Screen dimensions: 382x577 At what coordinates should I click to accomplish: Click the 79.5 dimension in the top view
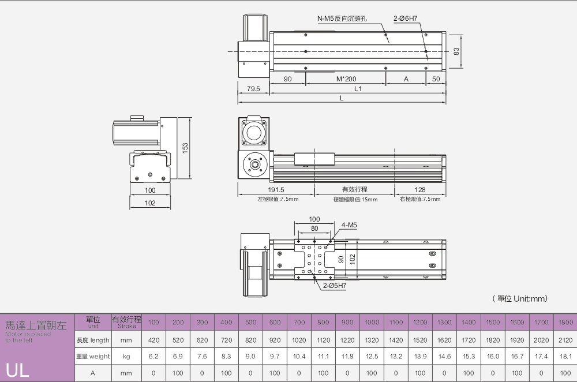click(x=253, y=89)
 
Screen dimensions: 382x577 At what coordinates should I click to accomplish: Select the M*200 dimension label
click(x=346, y=78)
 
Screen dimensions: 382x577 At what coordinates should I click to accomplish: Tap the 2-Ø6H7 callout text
click(x=406, y=18)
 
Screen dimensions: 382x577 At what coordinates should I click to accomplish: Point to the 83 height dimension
click(x=456, y=51)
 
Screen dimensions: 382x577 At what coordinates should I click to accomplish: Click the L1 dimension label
click(x=358, y=89)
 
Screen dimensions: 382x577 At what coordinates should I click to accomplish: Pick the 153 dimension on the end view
click(x=185, y=148)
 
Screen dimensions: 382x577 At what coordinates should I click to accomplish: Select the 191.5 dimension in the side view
click(x=276, y=189)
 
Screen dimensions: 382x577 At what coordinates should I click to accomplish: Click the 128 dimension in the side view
click(x=419, y=189)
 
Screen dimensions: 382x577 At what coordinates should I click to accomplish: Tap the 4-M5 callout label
click(x=349, y=226)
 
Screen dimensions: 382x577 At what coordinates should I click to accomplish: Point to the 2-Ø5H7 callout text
click(x=335, y=285)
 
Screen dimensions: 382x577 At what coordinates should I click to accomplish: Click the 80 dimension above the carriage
click(x=314, y=229)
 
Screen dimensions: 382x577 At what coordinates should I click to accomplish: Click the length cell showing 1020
click(x=299, y=340)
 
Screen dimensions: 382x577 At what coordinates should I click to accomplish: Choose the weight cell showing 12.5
click(x=372, y=357)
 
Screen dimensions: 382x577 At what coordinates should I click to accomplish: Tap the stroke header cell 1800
click(x=565, y=322)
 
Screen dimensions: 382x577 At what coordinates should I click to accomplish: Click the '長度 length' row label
click(x=92, y=340)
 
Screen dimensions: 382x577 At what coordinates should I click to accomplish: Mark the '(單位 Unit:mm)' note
click(x=520, y=298)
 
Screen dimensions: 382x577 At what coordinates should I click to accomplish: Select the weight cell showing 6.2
click(x=153, y=357)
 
